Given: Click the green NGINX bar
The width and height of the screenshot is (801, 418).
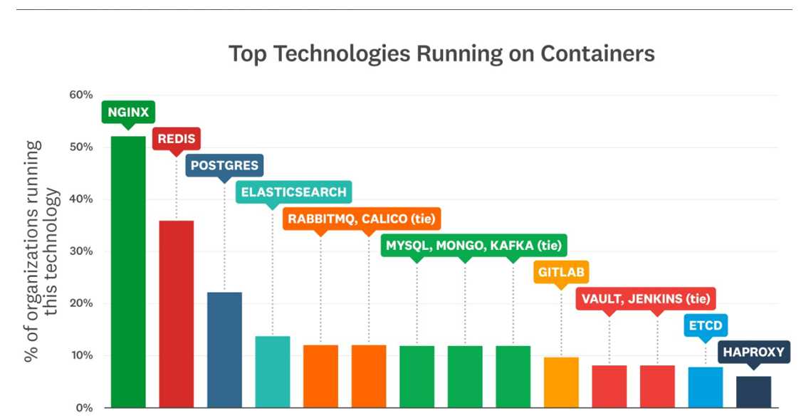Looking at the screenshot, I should coord(128,271).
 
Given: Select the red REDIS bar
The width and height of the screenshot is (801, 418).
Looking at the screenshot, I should coord(176,313).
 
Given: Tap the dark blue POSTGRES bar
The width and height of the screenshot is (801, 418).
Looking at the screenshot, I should coord(224,349).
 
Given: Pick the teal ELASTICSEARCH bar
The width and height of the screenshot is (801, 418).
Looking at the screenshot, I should coord(272,371).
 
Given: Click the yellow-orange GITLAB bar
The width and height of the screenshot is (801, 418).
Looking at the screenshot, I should coord(561,382).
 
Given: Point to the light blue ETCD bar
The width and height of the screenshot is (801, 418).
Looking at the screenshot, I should coord(705,387).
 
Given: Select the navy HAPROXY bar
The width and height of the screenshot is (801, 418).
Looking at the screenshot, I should coord(753,392).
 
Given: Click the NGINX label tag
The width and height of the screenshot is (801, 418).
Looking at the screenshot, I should coord(129,112).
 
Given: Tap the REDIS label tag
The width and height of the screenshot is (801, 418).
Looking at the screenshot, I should coord(176,139).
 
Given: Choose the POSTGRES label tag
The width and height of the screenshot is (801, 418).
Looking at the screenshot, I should coord(224,166).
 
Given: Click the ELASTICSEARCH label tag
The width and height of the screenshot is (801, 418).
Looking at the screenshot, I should coord(293,192).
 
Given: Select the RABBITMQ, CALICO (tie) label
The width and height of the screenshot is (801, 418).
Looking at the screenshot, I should coord(360,219).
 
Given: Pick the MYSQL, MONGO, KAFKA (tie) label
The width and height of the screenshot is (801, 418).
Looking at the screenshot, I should coord(473,246).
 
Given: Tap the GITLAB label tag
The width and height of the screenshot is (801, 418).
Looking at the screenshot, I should coord(561,272).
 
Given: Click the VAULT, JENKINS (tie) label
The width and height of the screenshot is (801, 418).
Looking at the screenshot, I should coord(645,299).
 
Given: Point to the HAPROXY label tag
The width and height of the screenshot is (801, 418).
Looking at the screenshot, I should coord(753,352).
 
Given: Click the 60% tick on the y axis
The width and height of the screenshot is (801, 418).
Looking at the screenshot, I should coord(80,95).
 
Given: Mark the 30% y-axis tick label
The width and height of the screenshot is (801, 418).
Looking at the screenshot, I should coord(80,251).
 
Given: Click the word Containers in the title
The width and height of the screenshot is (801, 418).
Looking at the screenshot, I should coord(597,53).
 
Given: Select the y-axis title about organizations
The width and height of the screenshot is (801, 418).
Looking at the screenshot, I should coord(42,251).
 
